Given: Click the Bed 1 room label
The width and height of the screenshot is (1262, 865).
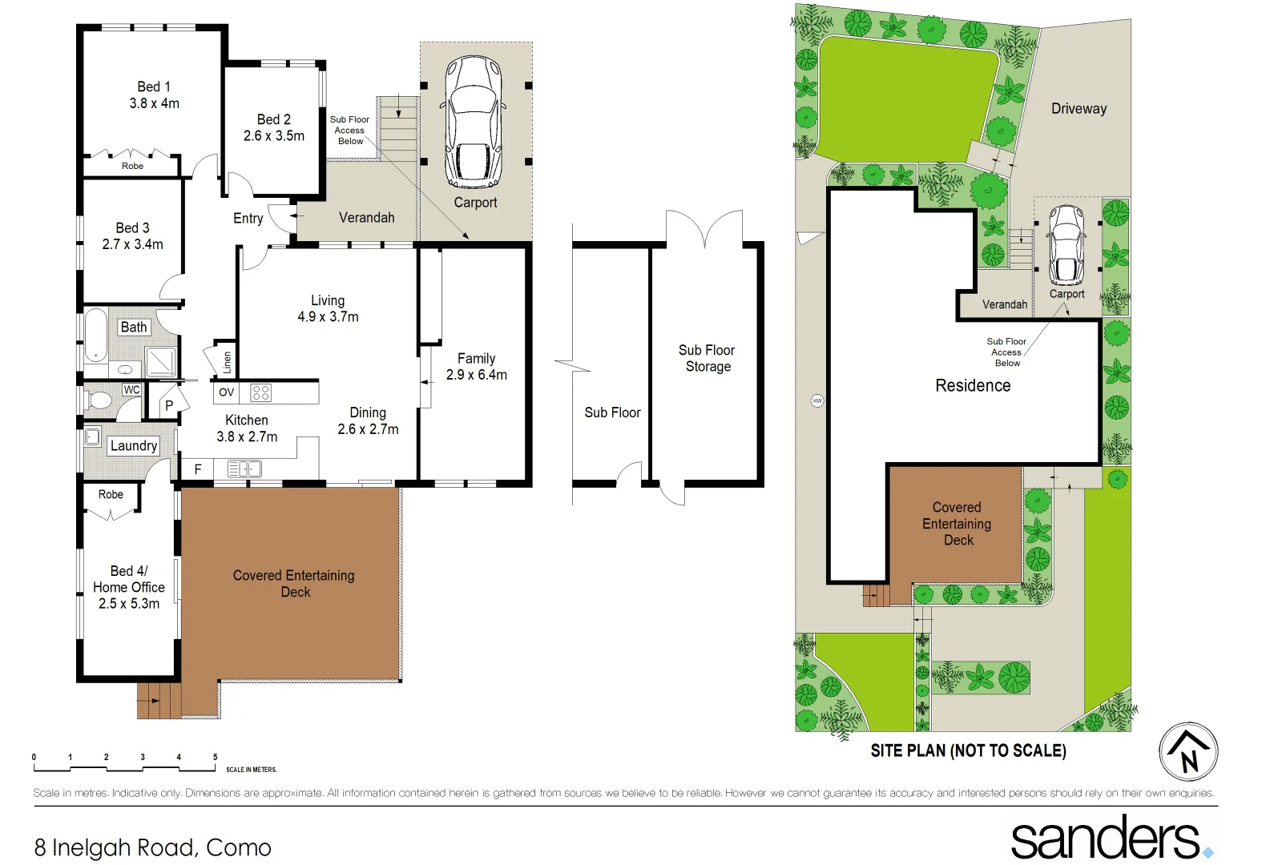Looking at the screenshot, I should tap(154, 86).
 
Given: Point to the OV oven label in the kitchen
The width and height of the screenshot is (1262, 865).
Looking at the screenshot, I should tap(227, 392).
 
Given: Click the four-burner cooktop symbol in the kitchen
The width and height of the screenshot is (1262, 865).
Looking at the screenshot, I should tap(261, 392).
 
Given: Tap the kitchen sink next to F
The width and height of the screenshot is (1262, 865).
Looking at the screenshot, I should tap(244, 469).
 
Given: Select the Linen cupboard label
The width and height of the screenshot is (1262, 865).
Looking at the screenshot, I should tap(227, 363).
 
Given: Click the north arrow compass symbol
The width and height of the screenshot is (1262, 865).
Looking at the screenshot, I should tap(1188, 751).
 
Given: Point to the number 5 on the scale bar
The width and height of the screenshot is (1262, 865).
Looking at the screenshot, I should tap(215, 757).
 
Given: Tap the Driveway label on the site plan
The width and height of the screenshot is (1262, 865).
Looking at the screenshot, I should tap(1079, 109).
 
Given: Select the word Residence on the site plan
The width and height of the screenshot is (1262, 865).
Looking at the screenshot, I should tap(973, 386).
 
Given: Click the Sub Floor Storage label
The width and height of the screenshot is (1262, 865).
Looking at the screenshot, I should tap(707, 358).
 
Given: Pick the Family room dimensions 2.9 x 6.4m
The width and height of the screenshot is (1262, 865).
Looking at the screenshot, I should tap(477, 375).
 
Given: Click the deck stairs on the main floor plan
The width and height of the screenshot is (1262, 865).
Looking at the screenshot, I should tap(159, 700).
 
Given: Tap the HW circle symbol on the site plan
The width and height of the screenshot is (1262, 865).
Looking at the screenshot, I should tap(817, 400).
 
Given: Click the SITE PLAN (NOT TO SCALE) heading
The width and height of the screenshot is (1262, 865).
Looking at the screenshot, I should tap(968, 750).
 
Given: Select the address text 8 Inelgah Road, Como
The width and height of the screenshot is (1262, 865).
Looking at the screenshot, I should tap(153, 847).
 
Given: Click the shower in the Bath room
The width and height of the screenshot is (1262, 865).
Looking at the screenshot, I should tap(161, 362).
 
